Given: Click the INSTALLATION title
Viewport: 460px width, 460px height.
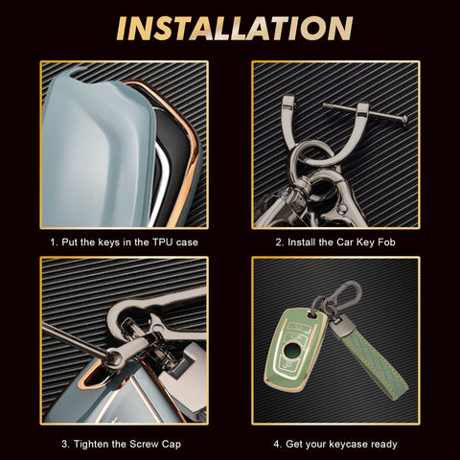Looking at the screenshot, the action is (x=235, y=28).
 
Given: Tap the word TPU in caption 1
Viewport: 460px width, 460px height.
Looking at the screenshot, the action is (x=163, y=242).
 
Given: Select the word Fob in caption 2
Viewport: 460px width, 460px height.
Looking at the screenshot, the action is (x=386, y=242).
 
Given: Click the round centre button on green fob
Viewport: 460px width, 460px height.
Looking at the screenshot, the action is (x=291, y=350).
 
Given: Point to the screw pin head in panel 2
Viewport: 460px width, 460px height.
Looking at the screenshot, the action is (x=404, y=120).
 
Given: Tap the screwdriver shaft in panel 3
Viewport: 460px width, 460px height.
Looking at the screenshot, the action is (x=76, y=339).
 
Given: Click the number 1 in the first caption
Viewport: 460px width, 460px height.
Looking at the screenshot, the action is (x=53, y=242).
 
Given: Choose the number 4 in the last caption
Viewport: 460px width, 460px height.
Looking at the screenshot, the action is (x=277, y=444).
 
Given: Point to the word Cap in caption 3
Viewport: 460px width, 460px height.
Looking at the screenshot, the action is (x=172, y=445).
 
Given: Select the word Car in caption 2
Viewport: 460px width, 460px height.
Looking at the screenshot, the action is (x=344, y=242).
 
